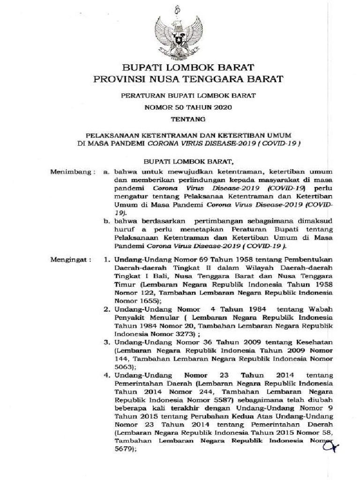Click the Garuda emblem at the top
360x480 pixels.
(x=180, y=36)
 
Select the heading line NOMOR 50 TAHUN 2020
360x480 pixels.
(x=180, y=108)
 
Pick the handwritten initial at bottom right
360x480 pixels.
(x=329, y=446)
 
